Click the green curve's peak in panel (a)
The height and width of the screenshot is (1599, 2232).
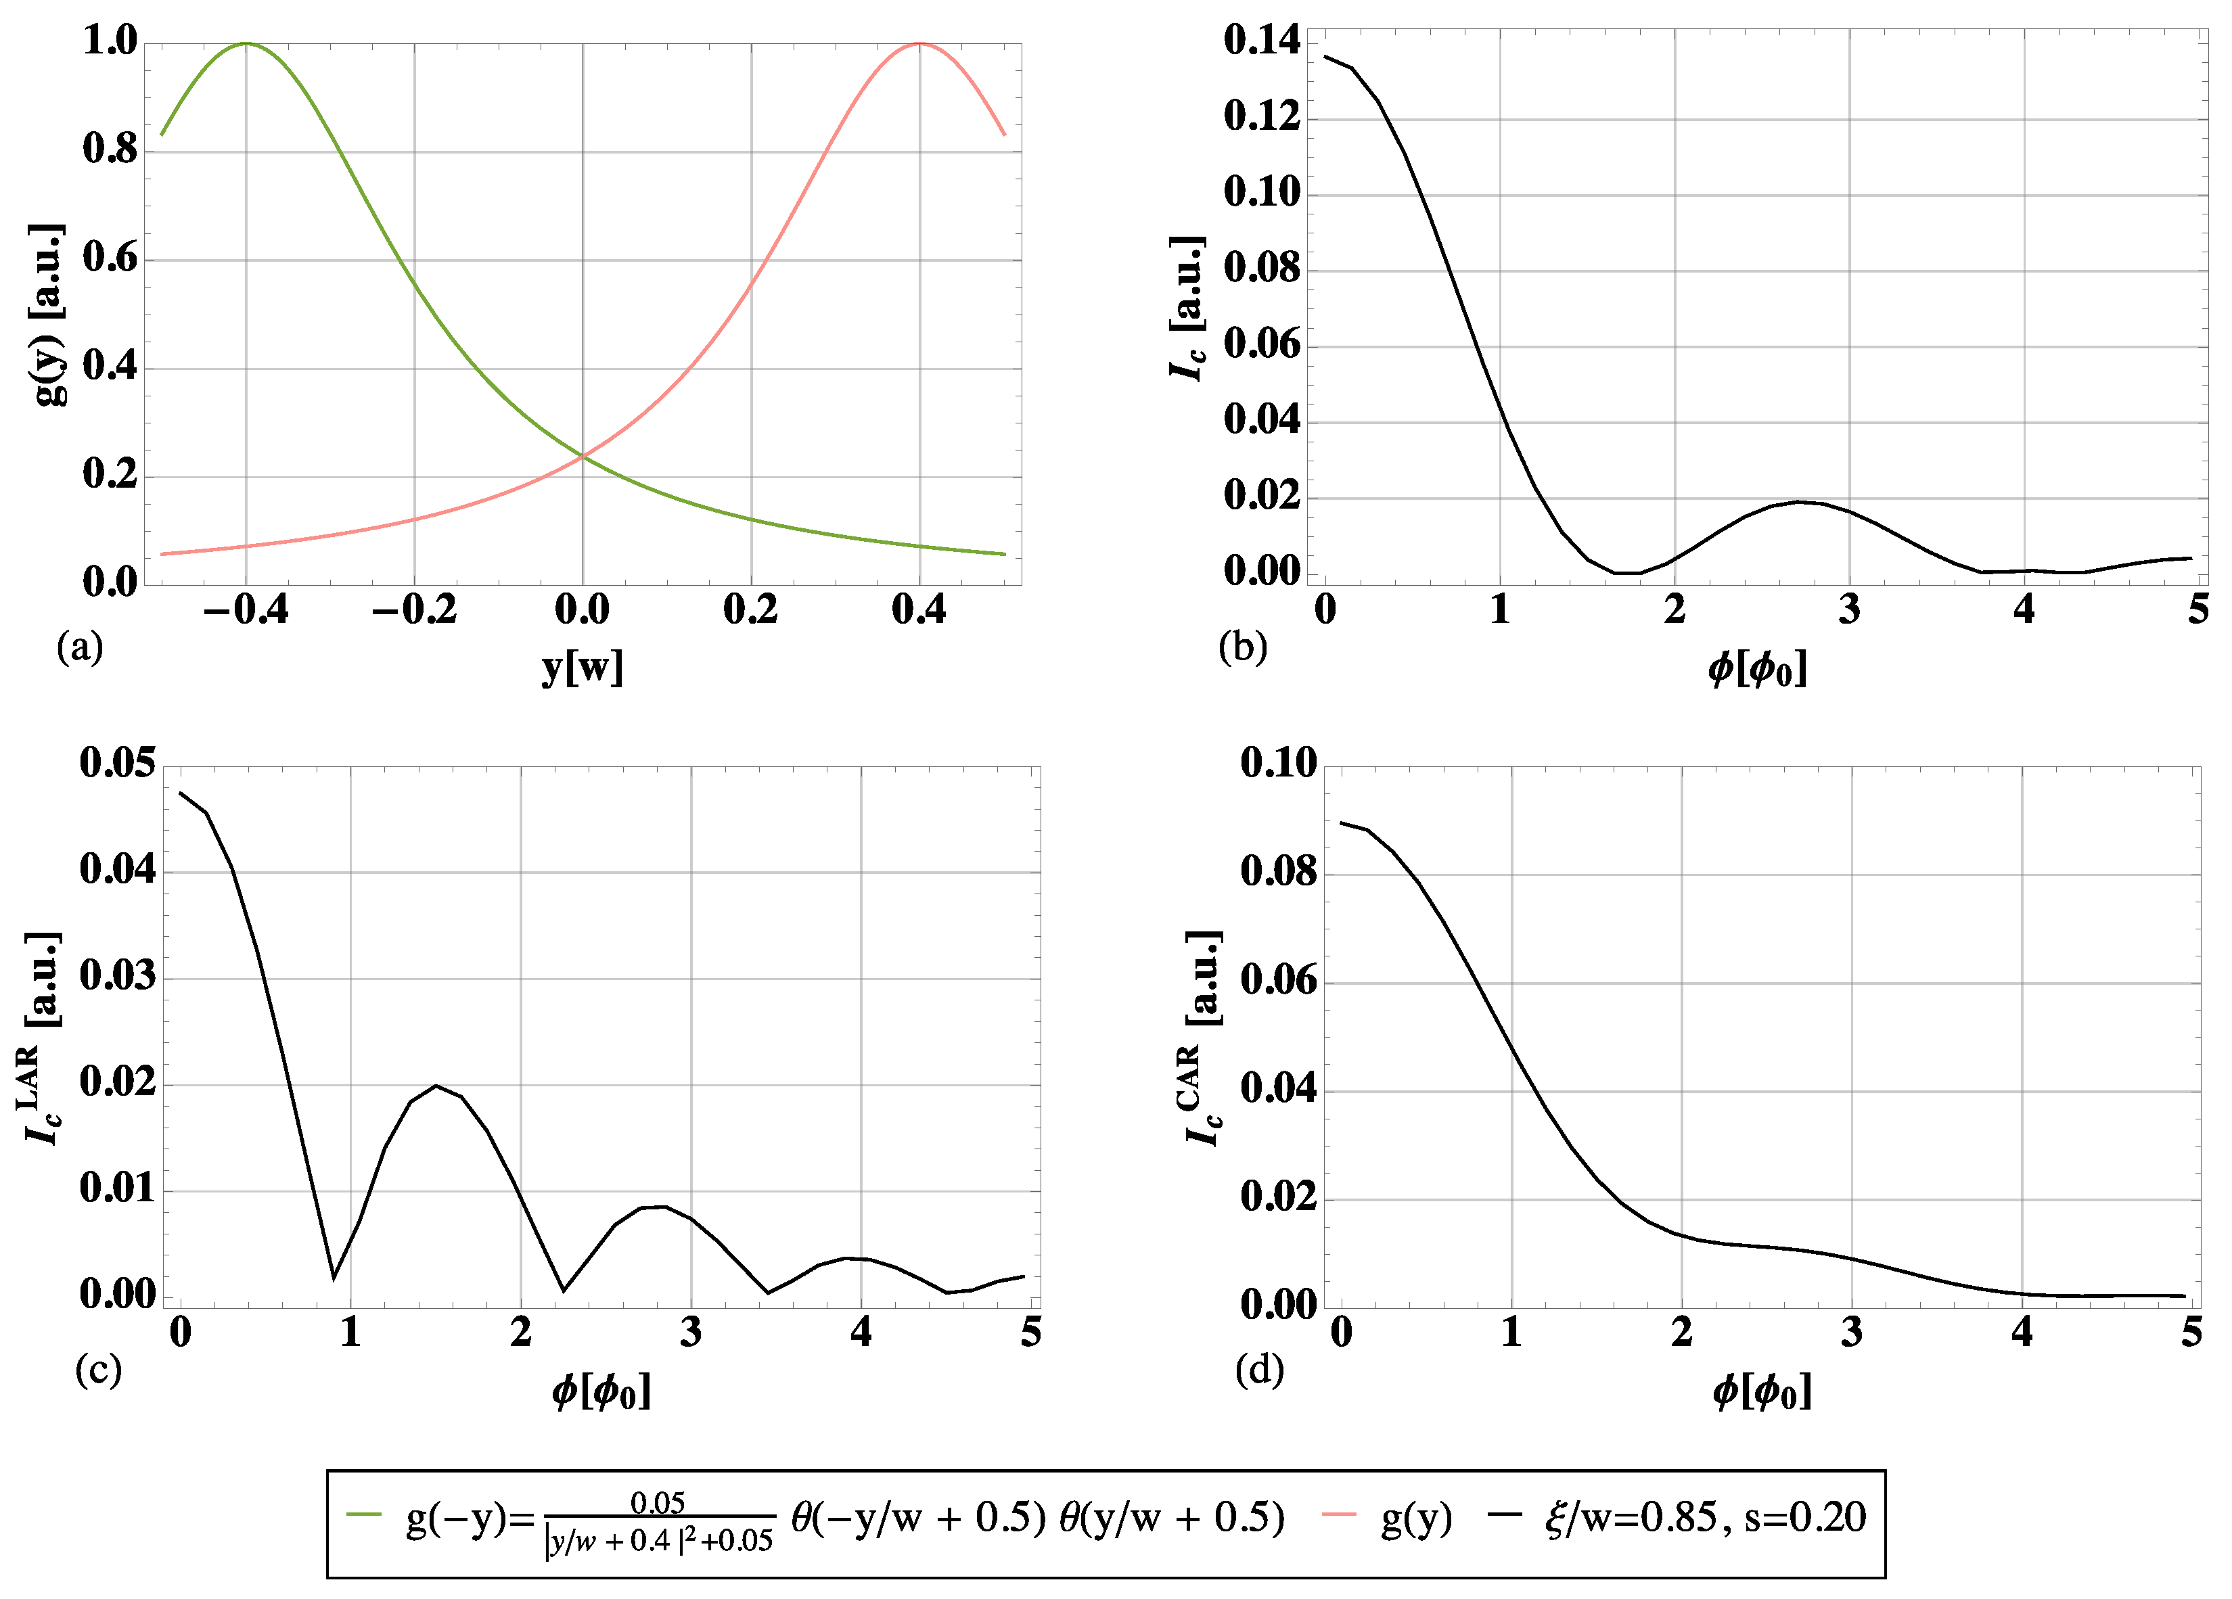click(246, 44)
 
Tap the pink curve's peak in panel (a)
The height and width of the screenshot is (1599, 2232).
click(919, 44)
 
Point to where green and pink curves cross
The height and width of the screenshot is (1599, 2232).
click(583, 456)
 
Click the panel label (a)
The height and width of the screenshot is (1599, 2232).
click(80, 647)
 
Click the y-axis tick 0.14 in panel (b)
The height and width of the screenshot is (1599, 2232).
click(1262, 41)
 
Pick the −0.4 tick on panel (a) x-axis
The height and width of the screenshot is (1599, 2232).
click(246, 610)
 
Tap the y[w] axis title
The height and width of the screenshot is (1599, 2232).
click(583, 668)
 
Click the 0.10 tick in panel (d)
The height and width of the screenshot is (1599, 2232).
click(1277, 762)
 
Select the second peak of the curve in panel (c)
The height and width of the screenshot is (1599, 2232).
click(436, 1086)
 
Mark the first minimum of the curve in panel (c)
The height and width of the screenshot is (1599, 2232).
click(334, 1278)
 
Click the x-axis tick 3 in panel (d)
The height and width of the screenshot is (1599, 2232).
click(1851, 1332)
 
